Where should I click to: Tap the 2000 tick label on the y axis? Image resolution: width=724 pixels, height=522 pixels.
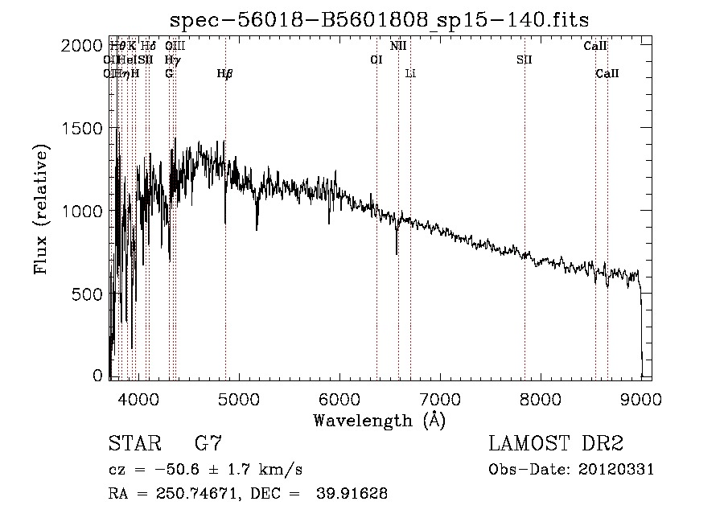coord(81,46)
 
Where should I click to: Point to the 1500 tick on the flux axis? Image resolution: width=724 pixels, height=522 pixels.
coord(81,129)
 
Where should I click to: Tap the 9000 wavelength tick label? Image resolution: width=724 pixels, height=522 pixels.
coord(641,397)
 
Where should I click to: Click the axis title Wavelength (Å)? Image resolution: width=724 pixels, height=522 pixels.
coord(378,419)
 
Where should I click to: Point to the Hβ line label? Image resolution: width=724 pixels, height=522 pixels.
coord(224,74)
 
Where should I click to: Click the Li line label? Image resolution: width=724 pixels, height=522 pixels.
coord(410,74)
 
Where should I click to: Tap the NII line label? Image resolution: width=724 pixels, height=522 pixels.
coord(398,46)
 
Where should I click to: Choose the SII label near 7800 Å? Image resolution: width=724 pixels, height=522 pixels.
coord(524,60)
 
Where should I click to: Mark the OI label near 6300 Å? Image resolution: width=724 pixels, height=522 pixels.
coord(376,60)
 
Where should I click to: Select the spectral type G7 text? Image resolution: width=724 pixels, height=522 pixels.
coord(208,444)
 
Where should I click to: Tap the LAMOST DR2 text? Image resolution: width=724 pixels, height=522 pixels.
coord(556,444)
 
